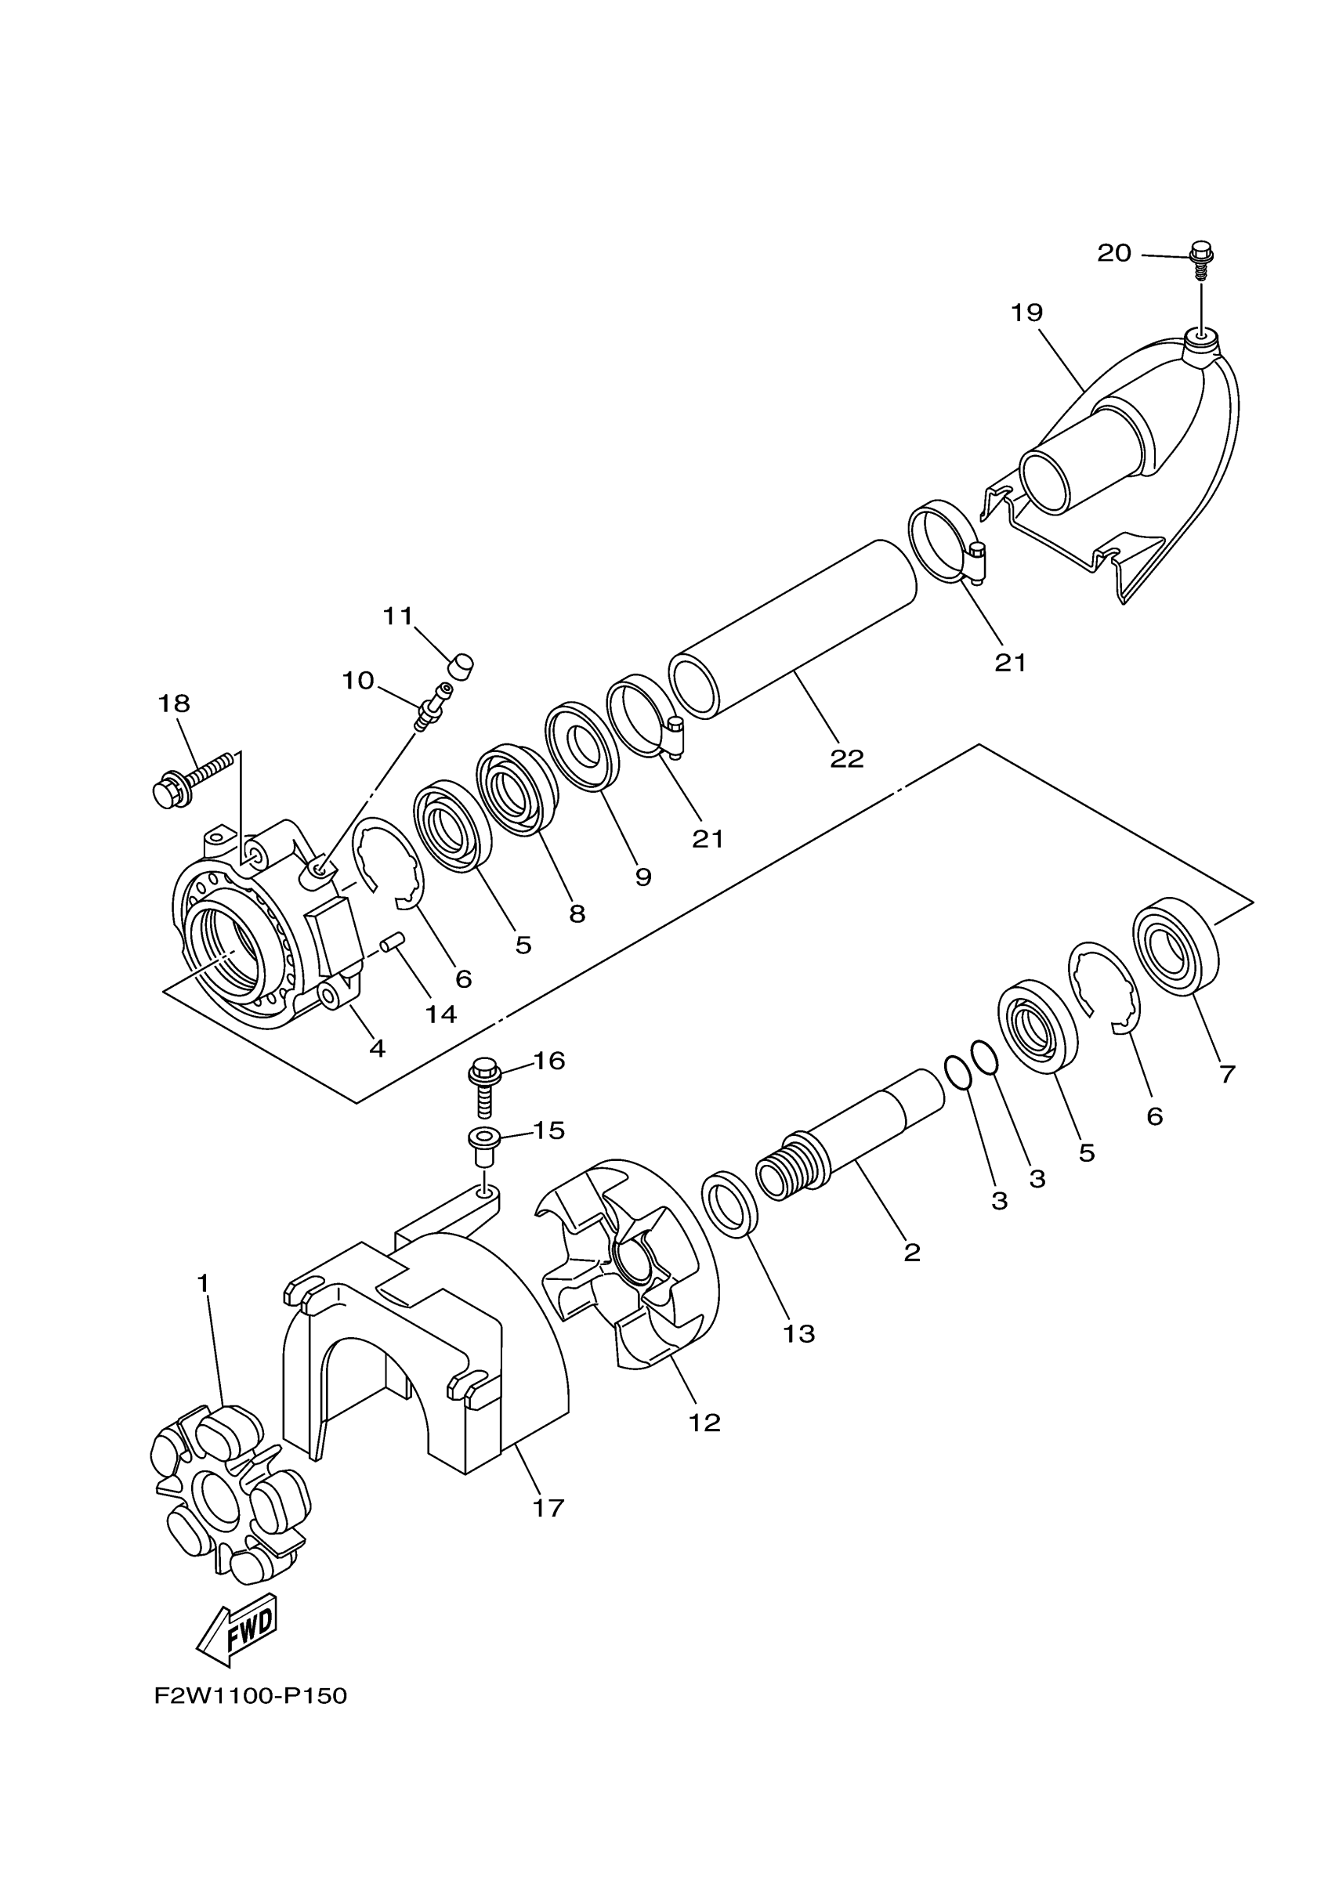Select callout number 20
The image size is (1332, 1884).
tap(1113, 254)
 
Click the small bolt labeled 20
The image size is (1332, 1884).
tap(1200, 254)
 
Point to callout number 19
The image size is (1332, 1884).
tap(1026, 313)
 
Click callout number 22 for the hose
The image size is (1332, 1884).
tap(846, 759)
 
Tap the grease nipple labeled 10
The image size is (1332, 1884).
tap(433, 705)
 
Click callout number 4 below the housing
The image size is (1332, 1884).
tap(377, 1048)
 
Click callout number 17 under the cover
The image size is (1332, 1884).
tap(548, 1507)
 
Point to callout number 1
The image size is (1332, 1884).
tap(203, 1282)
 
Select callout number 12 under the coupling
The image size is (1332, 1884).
tap(704, 1422)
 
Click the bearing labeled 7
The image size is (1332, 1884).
tap(1176, 949)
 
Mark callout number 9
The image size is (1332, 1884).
tap(643, 877)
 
